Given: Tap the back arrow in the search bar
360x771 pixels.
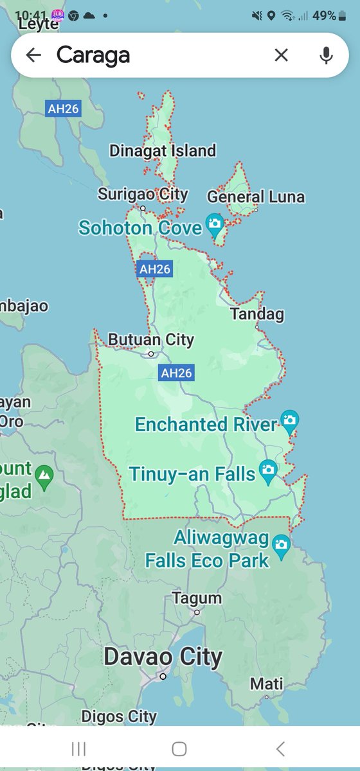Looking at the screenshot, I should tap(33, 55).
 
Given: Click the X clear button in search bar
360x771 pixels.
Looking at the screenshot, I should tap(281, 55).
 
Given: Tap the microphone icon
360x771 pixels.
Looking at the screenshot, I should tap(327, 55).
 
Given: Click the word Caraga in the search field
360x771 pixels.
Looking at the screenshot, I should tap(93, 55).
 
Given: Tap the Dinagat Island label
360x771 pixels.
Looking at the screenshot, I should tap(163, 151).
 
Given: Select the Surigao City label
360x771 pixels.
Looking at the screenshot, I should tap(143, 194).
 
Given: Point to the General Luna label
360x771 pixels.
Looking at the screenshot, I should tap(256, 197).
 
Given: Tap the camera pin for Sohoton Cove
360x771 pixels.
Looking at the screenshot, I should tap(214, 226).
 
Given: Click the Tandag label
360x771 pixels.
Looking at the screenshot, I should tap(257, 314).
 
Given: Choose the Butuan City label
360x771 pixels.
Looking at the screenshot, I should tap(151, 339).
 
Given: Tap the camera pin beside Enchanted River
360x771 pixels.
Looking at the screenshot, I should tap(290, 421).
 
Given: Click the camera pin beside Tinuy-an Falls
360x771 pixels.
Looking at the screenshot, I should tap(268, 471).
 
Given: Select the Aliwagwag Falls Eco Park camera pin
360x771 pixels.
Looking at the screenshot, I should tap(281, 545).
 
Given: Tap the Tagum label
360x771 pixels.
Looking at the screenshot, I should tap(197, 598).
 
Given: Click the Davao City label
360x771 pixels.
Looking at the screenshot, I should tap(163, 657).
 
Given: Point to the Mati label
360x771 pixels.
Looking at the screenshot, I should tap(266, 684).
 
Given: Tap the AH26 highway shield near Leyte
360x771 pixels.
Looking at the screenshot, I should tap(63, 109).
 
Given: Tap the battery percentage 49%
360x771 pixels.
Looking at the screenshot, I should tap(324, 15).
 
